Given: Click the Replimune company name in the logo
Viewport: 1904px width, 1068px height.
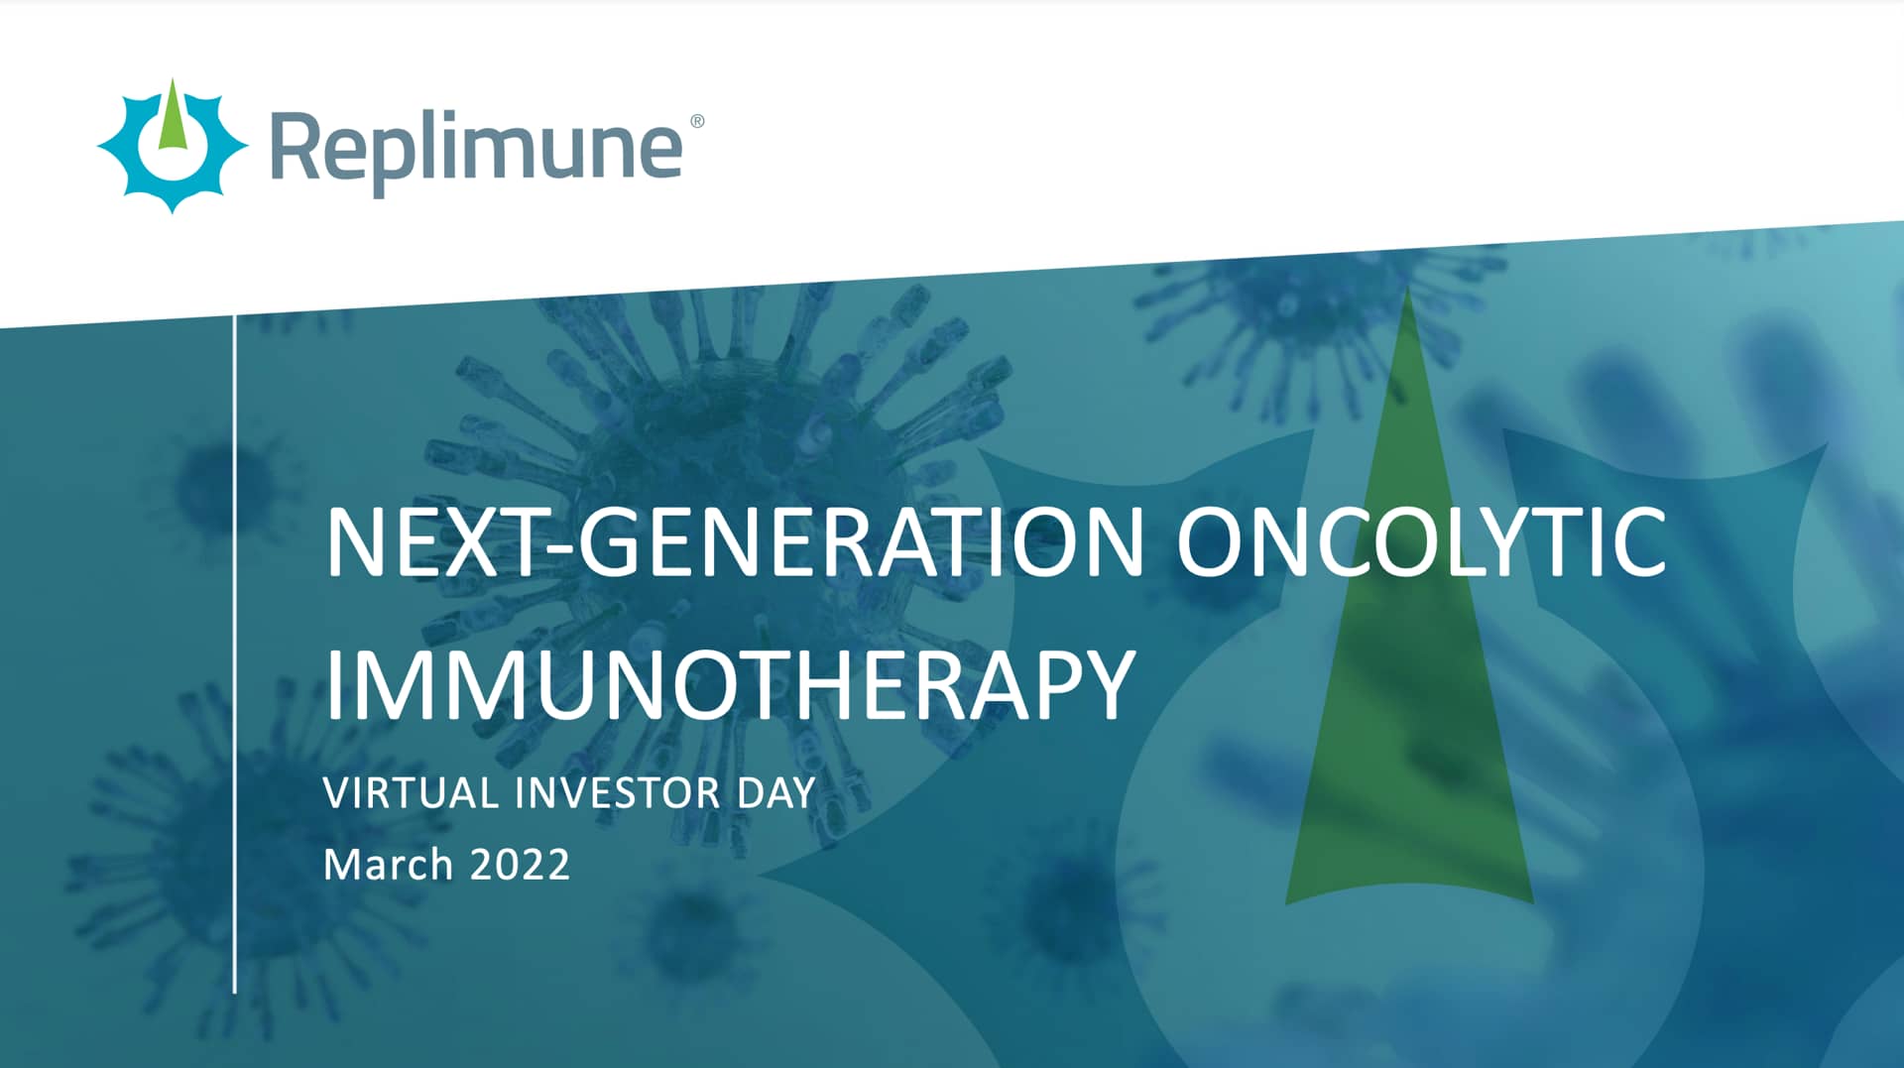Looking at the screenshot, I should coord(476,149).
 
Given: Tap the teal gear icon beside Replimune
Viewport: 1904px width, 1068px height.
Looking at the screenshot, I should coord(172,147).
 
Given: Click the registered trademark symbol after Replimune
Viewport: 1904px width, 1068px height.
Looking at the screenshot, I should coord(697,121).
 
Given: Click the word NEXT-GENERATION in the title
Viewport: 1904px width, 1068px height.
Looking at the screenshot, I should coord(734,541).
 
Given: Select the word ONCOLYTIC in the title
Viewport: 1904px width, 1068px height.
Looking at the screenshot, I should coord(1420,541).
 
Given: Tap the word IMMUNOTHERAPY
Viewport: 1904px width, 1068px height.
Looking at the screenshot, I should coord(729,684).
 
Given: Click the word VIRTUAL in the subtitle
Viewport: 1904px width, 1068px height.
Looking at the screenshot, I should coord(411,793).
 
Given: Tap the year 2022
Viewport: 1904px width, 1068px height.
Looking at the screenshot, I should coord(520,865).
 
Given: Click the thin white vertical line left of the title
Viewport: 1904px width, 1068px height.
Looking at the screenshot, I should coord(235,654).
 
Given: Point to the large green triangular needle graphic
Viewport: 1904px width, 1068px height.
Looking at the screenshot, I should coord(1408,694).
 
